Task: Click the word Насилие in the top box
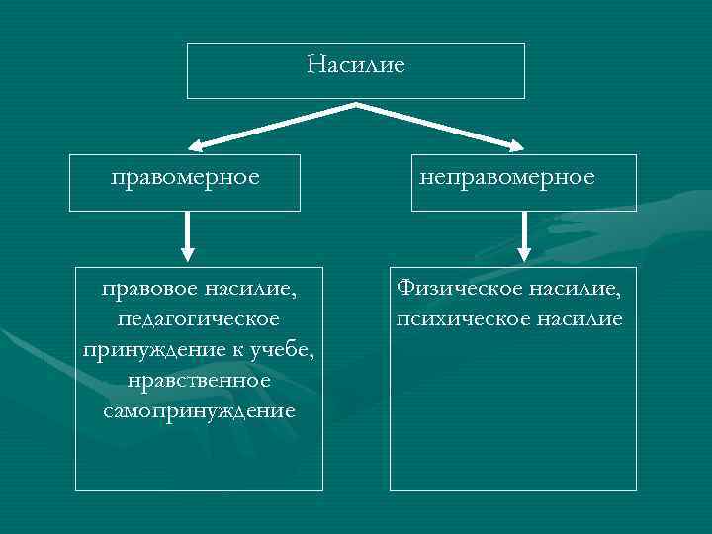click(x=356, y=66)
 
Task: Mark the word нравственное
click(x=199, y=380)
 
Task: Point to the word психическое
click(x=456, y=319)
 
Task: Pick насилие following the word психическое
click(x=574, y=319)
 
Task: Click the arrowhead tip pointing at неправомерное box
click(x=521, y=150)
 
